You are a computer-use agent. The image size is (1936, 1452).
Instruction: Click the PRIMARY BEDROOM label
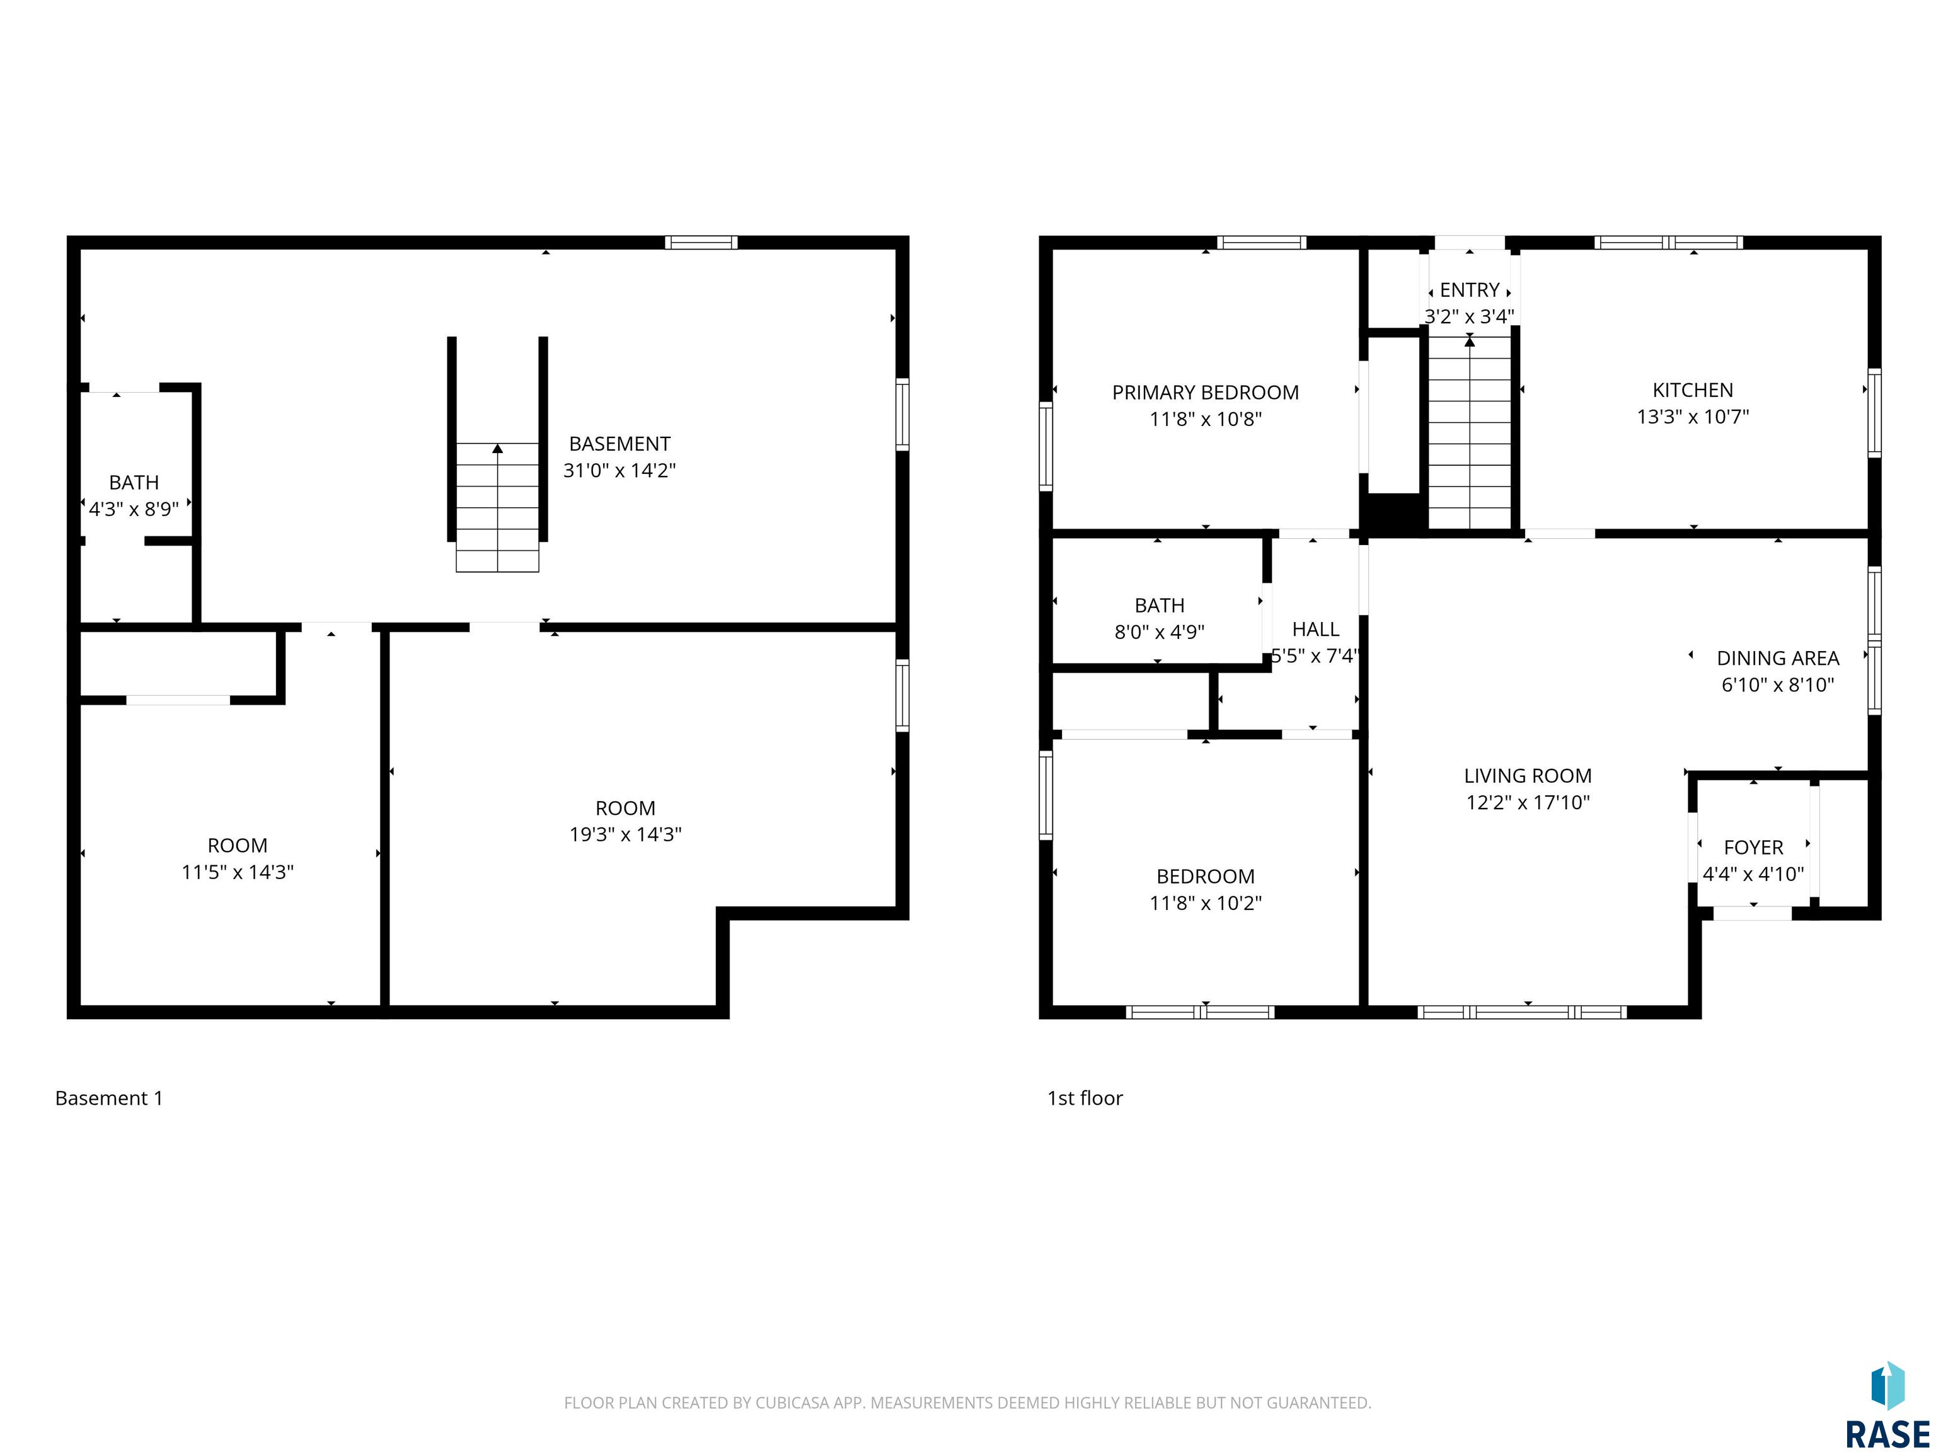coord(1205,393)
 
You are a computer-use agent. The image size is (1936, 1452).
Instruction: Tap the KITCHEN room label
coord(1693,390)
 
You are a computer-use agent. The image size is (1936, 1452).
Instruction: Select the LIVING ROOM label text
coord(1527,775)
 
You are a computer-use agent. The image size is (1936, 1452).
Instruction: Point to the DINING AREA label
coord(1778,658)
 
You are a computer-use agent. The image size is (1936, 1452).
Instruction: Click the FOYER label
coord(1753,847)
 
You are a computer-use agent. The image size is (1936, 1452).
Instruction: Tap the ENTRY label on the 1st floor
coord(1470,290)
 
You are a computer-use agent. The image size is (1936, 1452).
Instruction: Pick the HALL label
coord(1315,630)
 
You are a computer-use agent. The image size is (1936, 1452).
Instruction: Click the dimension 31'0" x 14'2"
coord(619,470)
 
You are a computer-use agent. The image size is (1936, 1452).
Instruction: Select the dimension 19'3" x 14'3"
coord(625,834)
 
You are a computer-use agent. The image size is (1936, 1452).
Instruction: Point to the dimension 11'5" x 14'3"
coord(237,872)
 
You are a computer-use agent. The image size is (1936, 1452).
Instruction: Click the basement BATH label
coord(134,482)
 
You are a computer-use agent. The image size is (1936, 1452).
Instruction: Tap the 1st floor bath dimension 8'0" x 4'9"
coord(1159,632)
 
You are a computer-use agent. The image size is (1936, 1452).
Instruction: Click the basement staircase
coord(497,507)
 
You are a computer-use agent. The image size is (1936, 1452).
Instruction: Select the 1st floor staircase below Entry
coord(1470,432)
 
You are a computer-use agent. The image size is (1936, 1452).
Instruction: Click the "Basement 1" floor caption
coord(108,1098)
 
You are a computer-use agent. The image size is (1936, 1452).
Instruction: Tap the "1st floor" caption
coord(1085,1098)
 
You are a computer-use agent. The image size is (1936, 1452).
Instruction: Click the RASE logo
coord(1887,1405)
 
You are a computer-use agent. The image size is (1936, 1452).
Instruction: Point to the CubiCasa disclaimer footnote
coord(967,1403)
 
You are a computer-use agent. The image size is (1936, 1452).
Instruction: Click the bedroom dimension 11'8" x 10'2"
coord(1205,903)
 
